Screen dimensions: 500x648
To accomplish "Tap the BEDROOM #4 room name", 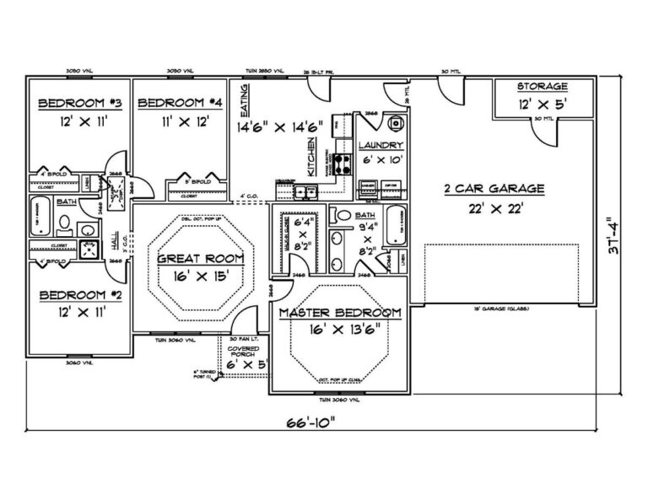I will tap(180, 103).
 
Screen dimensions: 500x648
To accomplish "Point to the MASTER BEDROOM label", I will tap(340, 313).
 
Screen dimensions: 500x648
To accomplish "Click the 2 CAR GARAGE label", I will tap(494, 189).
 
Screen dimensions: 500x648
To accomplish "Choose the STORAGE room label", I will tap(542, 87).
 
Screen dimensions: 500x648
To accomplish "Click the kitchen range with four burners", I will tap(344, 163).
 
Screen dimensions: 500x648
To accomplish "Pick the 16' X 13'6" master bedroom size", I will tap(340, 330).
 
